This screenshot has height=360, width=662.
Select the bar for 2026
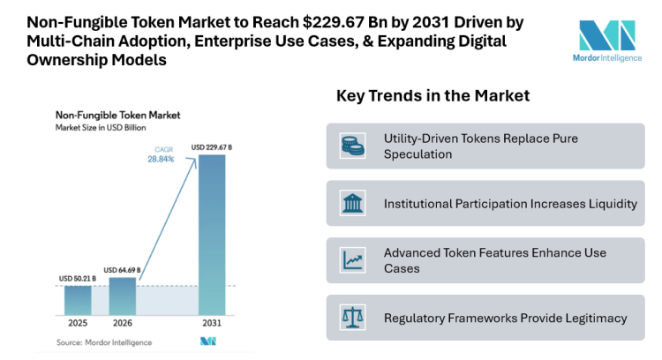point(123,296)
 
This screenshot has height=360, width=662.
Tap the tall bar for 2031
point(211,234)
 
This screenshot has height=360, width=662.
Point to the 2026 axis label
point(123,324)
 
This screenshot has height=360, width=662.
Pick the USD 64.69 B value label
point(123,270)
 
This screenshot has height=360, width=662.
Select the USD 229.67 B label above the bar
point(211,146)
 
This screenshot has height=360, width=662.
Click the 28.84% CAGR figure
point(160,159)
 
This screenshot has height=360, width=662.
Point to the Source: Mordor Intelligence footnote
point(104,341)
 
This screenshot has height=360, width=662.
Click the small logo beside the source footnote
point(209,341)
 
